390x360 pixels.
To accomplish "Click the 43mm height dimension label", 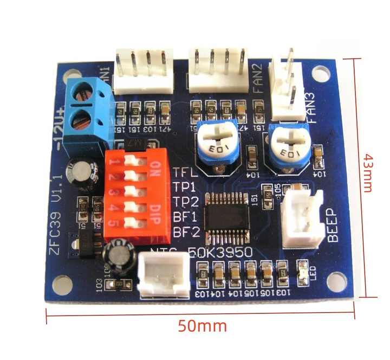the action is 367,172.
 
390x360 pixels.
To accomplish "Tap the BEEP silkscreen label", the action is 334,227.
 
